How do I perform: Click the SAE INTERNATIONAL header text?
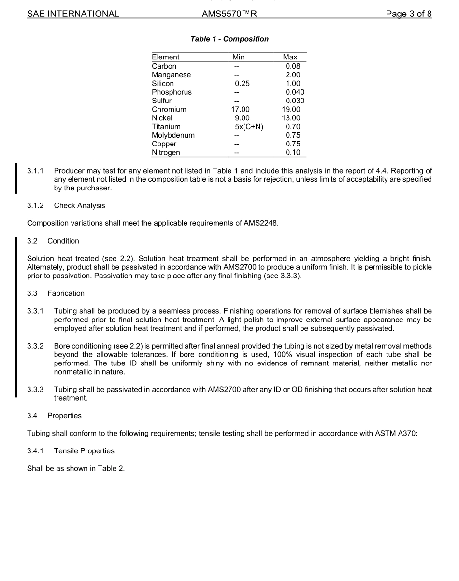point(73,14)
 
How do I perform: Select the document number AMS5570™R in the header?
point(229,14)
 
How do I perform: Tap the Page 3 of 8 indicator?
point(408,14)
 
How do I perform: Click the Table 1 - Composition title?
point(229,39)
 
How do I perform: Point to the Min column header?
point(238,57)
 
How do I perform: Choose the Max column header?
point(290,57)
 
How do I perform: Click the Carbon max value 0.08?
point(293,66)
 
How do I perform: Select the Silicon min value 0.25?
point(242,84)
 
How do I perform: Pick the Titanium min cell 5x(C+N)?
point(248,127)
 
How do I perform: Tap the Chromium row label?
point(169,109)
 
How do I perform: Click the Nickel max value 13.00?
point(291,118)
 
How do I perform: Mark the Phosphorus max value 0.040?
point(295,92)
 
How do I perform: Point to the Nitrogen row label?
point(166,153)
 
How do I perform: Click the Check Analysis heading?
point(79,206)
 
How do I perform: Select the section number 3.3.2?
point(35,347)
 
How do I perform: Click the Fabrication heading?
point(66,293)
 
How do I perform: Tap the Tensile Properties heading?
point(84,451)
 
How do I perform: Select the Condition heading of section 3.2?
point(63,241)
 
